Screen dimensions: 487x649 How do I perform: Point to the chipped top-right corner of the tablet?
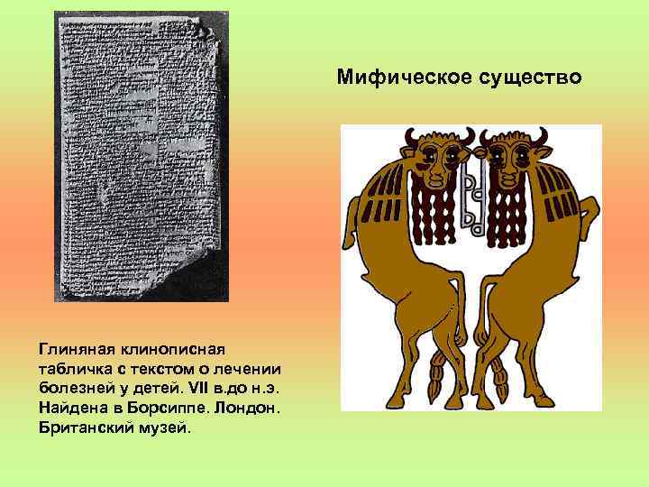(x=207, y=32)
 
